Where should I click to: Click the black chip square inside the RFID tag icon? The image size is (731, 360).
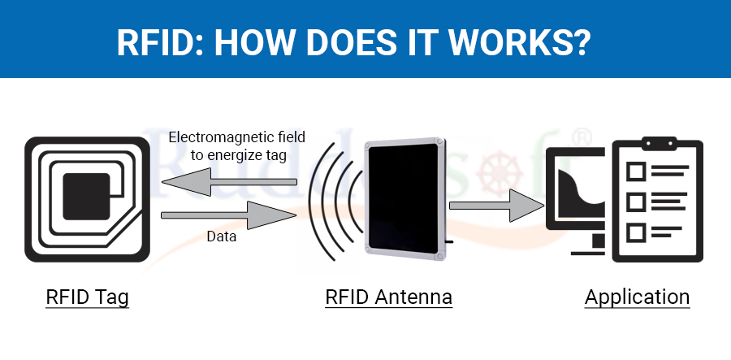(86, 197)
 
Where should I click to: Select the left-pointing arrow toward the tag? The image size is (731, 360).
(229, 181)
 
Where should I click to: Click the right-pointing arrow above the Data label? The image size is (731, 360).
(228, 215)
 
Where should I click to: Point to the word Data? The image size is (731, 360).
(222, 236)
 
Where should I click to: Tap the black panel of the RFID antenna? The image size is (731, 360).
(404, 198)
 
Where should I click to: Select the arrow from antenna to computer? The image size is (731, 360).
(497, 206)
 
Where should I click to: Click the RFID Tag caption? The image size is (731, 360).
(87, 297)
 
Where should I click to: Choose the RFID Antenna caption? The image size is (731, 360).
(389, 297)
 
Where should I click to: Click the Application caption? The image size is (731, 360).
(638, 297)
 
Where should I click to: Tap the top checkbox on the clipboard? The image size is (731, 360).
(635, 171)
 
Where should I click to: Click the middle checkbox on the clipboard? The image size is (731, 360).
(635, 202)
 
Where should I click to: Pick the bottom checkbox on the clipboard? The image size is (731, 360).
(635, 232)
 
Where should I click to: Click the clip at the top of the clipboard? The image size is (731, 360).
(659, 144)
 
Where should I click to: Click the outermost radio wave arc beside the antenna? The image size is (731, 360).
(314, 202)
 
